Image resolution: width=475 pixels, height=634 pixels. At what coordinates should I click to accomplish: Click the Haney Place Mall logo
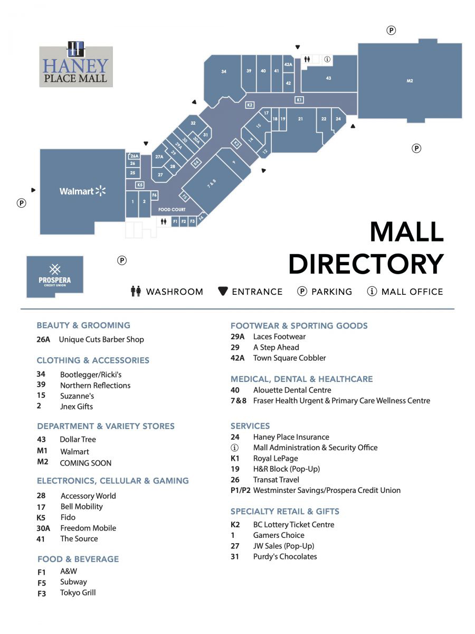point(76,66)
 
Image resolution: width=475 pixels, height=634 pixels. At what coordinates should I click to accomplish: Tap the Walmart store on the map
point(82,191)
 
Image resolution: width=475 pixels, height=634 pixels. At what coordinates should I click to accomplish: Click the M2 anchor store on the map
point(410,81)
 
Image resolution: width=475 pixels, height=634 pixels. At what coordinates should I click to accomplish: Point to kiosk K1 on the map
point(299,100)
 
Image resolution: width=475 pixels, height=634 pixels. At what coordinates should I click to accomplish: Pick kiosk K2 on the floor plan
point(250,105)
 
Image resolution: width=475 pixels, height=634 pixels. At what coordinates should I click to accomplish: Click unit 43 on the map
point(328,78)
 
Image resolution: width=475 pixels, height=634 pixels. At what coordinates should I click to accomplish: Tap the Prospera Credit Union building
point(55,276)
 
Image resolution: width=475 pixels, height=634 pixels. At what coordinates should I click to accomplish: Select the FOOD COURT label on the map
point(172,210)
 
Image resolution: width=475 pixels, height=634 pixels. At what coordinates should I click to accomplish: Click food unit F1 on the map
point(175,221)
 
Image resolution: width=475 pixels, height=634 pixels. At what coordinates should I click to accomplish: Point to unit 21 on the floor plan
point(300,119)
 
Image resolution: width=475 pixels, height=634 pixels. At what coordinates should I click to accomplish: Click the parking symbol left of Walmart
point(22,203)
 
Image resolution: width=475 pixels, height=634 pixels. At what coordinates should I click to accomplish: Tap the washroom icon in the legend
point(136,291)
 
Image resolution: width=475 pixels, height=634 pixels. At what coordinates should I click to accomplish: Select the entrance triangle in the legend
point(223,291)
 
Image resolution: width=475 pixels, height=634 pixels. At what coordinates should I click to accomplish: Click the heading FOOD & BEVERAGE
point(78,559)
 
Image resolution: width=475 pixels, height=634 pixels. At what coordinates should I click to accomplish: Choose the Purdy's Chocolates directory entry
point(285,556)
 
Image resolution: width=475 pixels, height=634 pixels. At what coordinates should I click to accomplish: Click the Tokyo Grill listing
point(78,592)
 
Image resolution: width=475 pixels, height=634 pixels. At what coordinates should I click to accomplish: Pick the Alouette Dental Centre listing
point(292,390)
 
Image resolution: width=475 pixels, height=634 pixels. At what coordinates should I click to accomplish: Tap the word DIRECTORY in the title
point(366,264)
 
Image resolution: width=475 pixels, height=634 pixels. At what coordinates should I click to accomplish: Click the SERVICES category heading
point(250,426)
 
